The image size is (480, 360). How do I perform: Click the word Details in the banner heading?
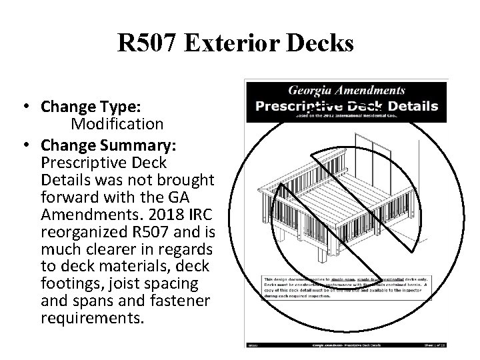click(411, 105)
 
